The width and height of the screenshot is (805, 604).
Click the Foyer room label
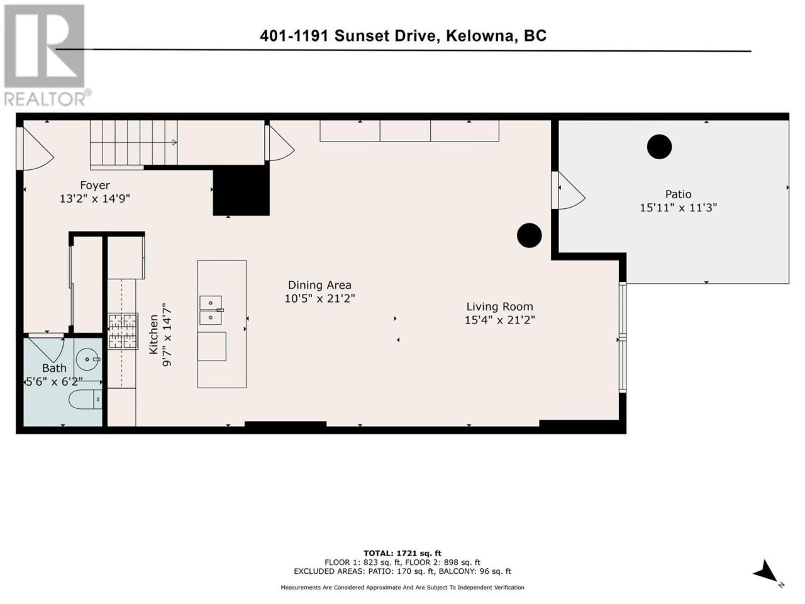coord(95,185)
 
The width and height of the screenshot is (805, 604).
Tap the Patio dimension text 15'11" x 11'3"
coord(678,208)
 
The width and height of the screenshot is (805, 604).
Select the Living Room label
coord(499,306)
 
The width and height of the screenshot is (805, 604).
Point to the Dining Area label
coord(319,285)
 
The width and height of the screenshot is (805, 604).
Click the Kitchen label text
coord(153,335)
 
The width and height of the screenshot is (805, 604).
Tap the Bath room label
coord(54,368)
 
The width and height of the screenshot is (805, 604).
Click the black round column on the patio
coord(659,147)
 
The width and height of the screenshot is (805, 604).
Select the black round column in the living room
coord(529,235)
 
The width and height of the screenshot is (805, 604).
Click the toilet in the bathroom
coord(86,400)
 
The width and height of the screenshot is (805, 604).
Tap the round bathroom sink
coord(87,359)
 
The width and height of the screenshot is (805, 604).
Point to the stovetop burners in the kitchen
coord(123,331)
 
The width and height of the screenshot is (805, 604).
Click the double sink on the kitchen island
coord(211,310)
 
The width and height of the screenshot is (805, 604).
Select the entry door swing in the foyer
coord(36,148)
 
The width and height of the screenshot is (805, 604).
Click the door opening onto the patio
coord(569,191)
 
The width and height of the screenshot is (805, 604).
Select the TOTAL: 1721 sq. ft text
coord(402,554)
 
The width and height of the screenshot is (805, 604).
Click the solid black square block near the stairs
coord(241,191)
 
